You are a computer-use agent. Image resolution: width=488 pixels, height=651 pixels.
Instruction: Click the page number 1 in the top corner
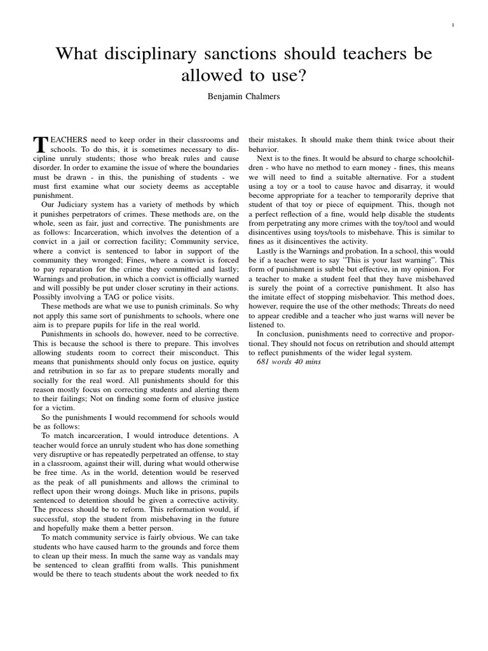(452, 25)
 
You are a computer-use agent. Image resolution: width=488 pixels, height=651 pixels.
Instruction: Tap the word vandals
(201, 554)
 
